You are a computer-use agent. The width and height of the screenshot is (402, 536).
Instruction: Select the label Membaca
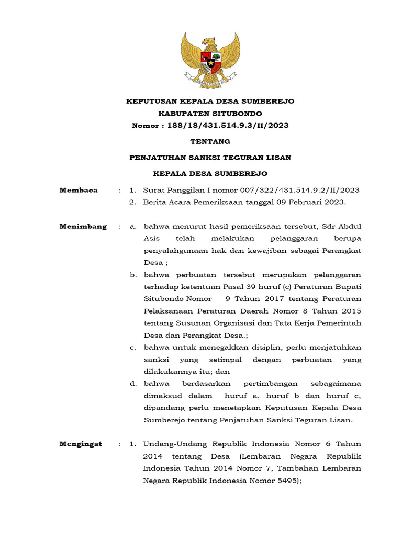79,190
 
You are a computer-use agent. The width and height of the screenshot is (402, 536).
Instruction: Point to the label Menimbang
83,227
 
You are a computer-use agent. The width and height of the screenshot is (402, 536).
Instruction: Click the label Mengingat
81,444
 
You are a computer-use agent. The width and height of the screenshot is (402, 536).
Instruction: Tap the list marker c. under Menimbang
133,347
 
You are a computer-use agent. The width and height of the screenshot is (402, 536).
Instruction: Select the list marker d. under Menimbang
133,384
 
